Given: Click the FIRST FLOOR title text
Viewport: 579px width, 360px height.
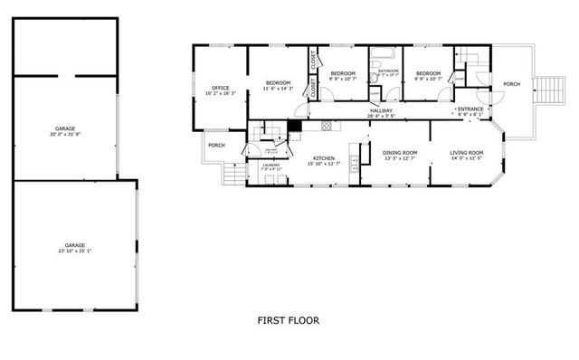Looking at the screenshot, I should tap(288, 320).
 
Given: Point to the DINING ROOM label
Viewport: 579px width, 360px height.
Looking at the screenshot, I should tap(399, 153).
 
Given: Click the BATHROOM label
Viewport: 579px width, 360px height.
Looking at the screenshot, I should tap(388, 71).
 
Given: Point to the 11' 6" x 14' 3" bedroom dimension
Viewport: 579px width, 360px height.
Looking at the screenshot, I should tap(279, 89).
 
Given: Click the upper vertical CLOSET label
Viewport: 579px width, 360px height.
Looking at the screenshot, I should tap(314, 61).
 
